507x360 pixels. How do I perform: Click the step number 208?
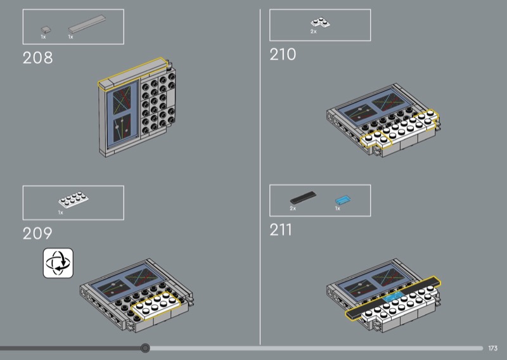[37, 58]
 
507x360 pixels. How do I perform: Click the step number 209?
[37, 233]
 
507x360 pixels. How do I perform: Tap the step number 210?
[283, 55]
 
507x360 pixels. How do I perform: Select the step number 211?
[281, 230]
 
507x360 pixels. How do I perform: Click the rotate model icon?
[58, 263]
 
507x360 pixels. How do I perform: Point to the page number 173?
[493, 348]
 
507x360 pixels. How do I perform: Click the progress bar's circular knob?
[146, 348]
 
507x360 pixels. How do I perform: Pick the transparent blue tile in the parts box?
[343, 200]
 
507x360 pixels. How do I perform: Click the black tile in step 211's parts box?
[304, 197]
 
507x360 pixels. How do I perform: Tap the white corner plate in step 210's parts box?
[321, 22]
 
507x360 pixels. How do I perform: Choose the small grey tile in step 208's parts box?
[46, 30]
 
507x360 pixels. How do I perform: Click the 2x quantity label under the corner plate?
[313, 32]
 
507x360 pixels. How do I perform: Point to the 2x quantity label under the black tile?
[293, 209]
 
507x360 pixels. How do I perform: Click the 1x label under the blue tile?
[338, 209]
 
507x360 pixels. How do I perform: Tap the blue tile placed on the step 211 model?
[394, 296]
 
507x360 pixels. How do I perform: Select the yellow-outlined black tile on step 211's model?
[393, 298]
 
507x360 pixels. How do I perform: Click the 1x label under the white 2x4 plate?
[61, 212]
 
